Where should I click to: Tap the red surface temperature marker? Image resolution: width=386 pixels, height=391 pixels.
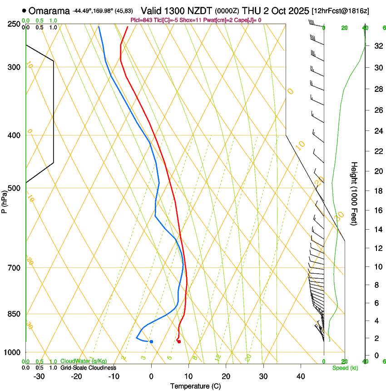click(179, 341)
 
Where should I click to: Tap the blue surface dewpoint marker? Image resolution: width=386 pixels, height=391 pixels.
click(151, 341)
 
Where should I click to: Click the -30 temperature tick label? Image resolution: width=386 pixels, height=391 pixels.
click(39, 376)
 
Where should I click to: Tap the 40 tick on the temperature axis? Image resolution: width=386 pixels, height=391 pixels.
click(301, 376)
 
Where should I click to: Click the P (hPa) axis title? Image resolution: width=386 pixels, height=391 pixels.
click(5, 201)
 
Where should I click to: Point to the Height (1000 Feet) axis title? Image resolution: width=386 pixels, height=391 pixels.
click(355, 193)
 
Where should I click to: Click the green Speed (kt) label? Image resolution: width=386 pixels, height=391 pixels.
click(345, 368)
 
